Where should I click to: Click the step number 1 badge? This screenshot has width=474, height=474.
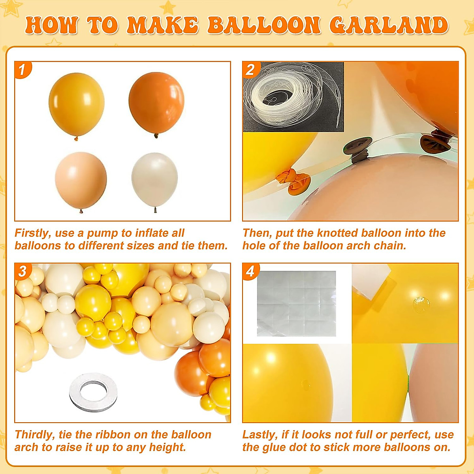click(22, 70)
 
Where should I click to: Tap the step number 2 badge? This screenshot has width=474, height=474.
click(250, 70)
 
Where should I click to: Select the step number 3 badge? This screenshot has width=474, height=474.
click(23, 271)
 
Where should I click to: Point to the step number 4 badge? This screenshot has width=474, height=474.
click(250, 271)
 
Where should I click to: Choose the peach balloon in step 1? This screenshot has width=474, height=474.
click(81, 180)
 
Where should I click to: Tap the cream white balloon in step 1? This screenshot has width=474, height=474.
click(154, 180)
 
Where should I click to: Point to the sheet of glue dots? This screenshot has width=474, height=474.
click(296, 303)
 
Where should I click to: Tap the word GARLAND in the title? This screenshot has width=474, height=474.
click(389, 26)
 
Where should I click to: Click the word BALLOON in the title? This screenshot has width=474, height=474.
click(264, 26)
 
